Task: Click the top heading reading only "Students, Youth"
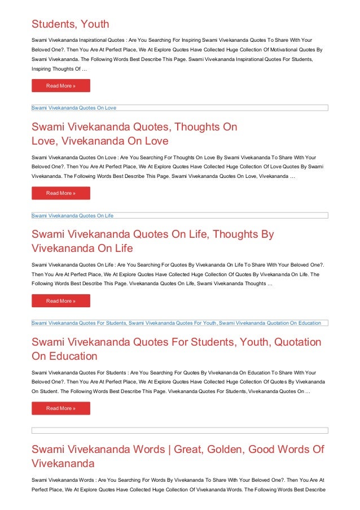click(x=70, y=24)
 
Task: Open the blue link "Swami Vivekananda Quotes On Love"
click(x=74, y=107)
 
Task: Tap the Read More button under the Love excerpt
click(x=60, y=193)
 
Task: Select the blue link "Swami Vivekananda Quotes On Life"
click(x=73, y=216)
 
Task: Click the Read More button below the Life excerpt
click(x=60, y=301)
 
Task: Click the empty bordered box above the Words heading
click(x=179, y=430)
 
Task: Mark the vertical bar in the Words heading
click(x=168, y=450)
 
